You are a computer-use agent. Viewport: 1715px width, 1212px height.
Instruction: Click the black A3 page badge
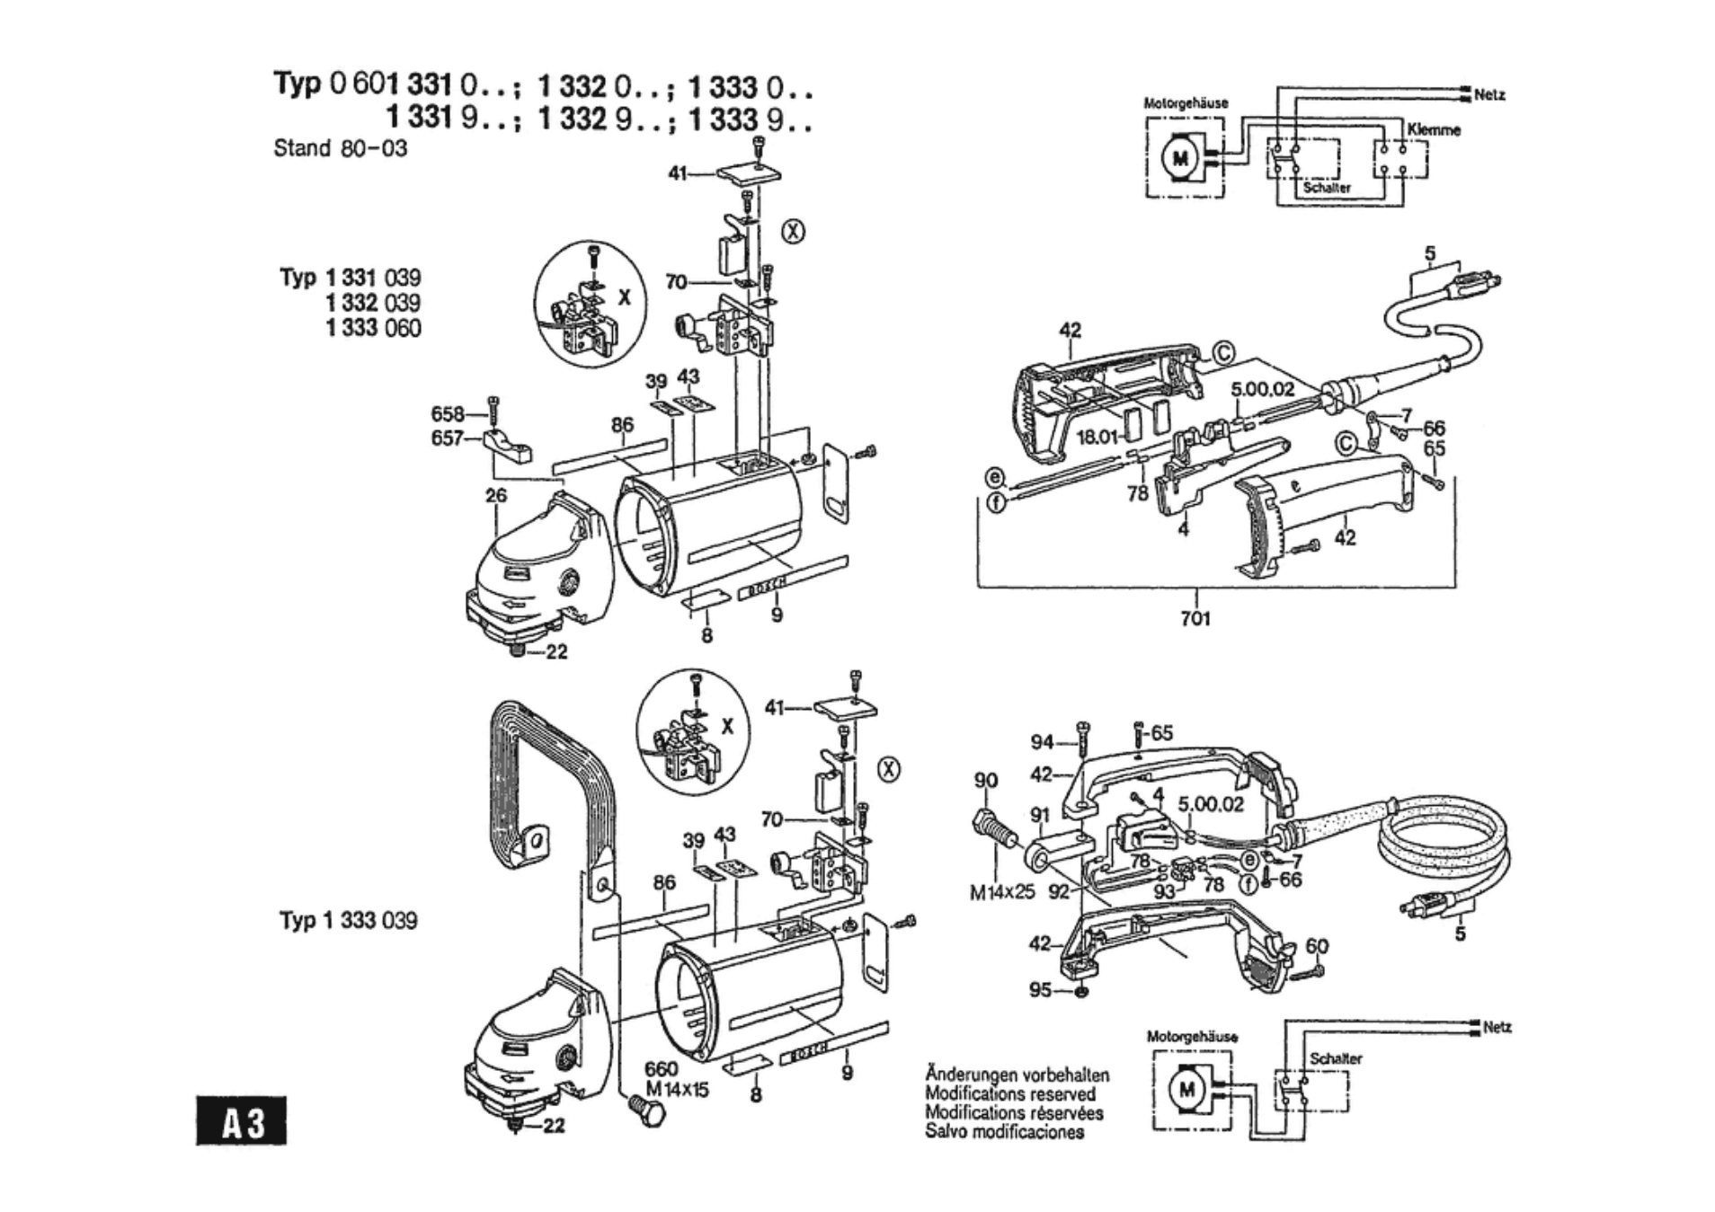pos(241,1120)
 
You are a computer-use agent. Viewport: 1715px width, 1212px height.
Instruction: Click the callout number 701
pos(1195,618)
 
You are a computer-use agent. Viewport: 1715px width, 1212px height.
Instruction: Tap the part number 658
pos(448,414)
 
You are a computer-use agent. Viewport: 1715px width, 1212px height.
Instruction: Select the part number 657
pos(447,438)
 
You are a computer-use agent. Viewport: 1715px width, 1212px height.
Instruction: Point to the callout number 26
pos(496,495)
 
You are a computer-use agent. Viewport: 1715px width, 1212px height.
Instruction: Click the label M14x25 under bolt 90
pos(1001,892)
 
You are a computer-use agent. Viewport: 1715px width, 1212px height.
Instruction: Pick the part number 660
pos(661,1069)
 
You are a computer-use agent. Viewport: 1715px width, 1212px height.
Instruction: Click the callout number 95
pos(1040,989)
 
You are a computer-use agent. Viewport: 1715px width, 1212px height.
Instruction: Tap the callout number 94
pos(1042,742)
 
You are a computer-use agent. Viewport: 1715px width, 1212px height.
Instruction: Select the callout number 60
pos(1317,946)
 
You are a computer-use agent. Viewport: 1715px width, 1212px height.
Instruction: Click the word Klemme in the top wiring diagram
pos(1434,129)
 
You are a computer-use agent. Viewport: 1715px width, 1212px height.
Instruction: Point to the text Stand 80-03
pos(340,148)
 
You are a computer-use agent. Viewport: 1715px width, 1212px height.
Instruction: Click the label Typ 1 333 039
pos(348,921)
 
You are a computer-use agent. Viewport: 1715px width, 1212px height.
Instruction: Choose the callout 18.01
pos(1097,438)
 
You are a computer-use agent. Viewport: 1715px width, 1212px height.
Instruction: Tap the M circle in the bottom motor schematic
pos(1187,1090)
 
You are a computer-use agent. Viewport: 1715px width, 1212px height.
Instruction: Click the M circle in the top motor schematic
pos(1180,160)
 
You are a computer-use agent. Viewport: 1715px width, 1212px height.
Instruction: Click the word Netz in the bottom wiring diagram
pos(1497,1027)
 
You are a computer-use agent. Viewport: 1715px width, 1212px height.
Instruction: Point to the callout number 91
pos(1040,815)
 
